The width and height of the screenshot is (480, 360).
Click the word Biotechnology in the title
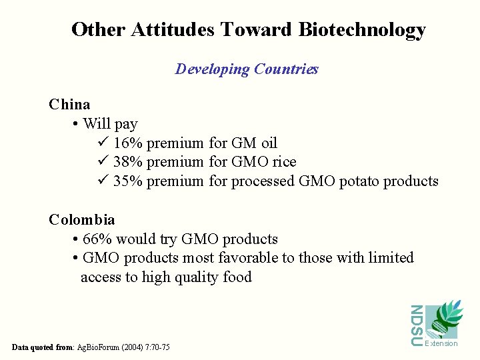(x=362, y=30)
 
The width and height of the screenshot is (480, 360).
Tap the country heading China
(x=69, y=105)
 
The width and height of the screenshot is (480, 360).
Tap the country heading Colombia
(x=81, y=220)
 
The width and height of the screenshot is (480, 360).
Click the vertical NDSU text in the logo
(x=417, y=325)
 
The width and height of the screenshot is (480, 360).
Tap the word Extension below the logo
(x=442, y=343)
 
